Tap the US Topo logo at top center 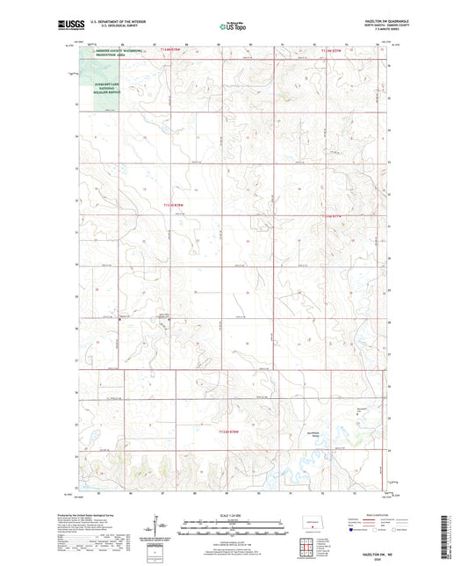click(231, 27)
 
